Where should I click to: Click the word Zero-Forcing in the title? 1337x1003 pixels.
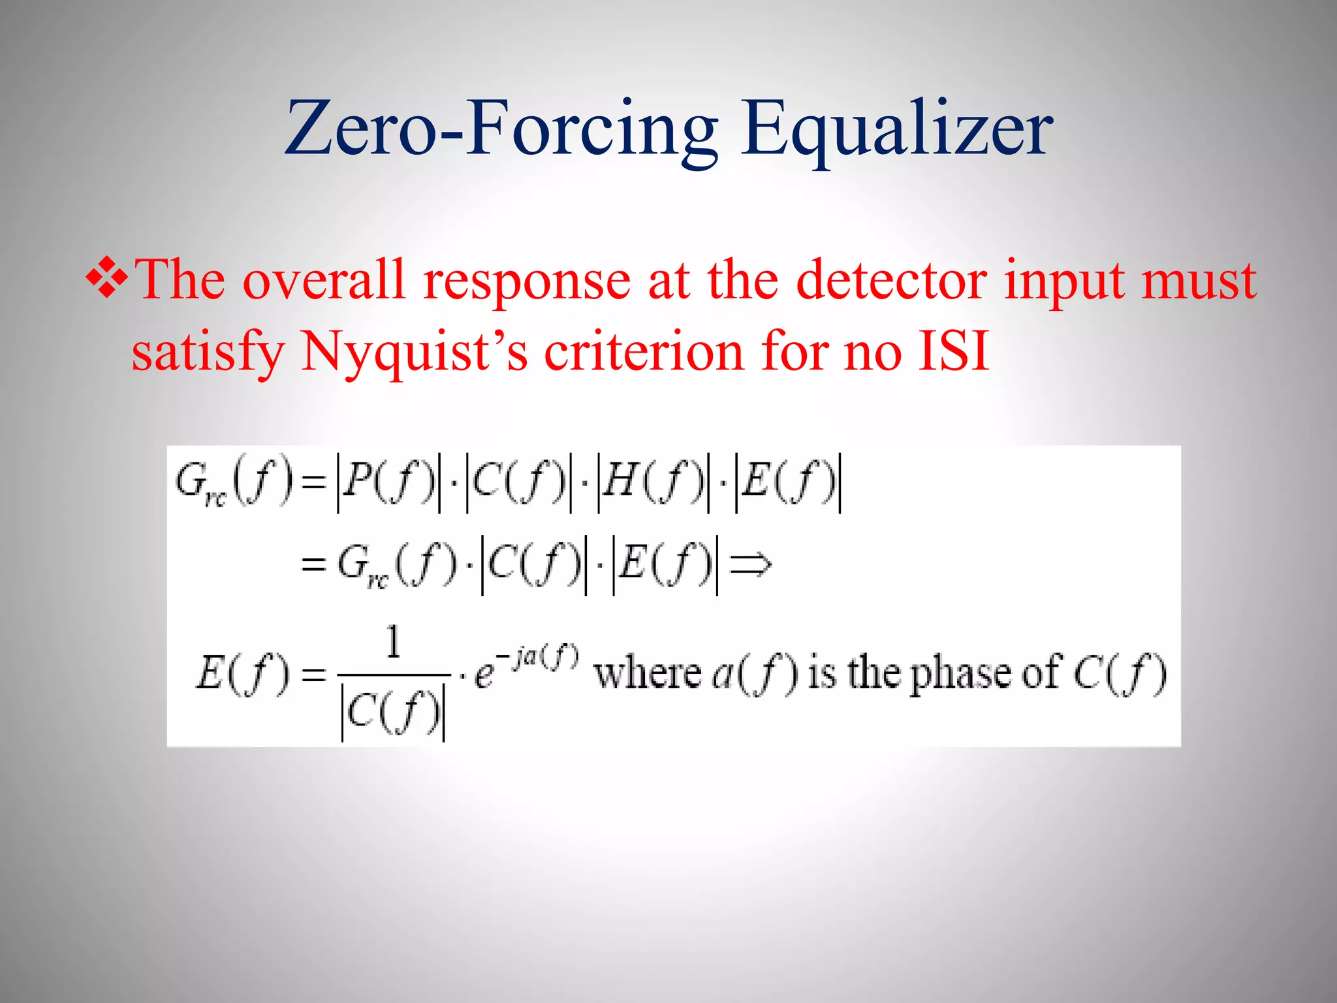(501, 129)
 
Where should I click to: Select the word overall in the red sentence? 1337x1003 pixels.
(324, 280)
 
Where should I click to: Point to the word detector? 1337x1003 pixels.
(891, 280)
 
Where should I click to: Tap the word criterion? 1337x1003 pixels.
(644, 351)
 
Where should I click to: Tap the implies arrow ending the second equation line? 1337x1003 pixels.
(751, 564)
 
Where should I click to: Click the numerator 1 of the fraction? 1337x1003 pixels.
(393, 642)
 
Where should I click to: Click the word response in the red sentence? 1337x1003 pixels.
(527, 281)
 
